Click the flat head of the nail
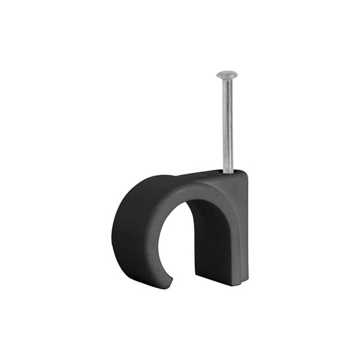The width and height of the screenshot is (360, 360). [227, 74]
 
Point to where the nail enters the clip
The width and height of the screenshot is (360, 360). [227, 172]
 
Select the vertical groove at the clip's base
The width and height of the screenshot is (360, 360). [239, 279]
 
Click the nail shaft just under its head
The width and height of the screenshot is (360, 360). [227, 84]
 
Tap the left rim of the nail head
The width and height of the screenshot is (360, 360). [218, 74]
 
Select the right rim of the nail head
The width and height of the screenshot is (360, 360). [236, 75]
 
